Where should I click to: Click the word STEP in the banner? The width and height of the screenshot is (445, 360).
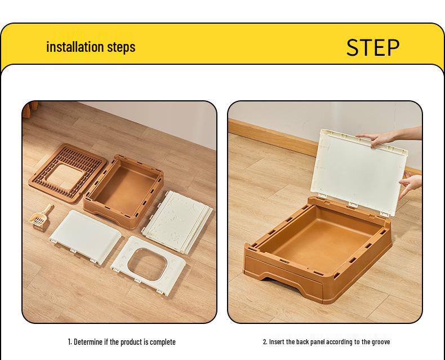pos(372,47)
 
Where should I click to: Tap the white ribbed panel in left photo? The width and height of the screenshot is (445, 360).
pos(179,220)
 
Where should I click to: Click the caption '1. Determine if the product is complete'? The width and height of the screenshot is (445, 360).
pos(122,341)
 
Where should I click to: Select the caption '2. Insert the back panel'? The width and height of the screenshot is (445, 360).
pos(326,341)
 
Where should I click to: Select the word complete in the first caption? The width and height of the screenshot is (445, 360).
pos(162,341)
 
